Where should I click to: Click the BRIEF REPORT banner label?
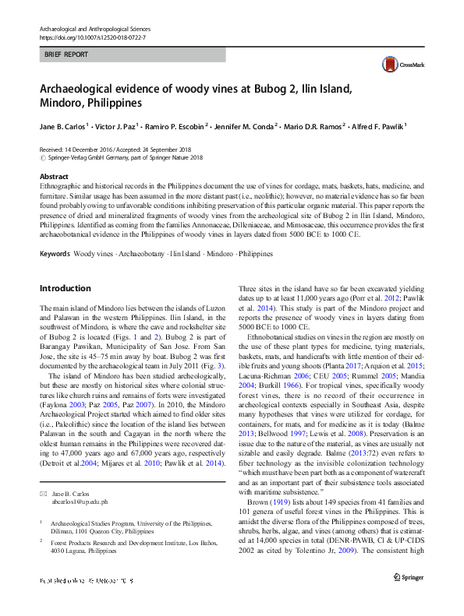pyautogui.click(x=67, y=55)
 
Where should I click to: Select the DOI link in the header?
pyautogui.click(x=92, y=37)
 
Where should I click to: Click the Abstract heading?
pyautogui.click(x=54, y=177)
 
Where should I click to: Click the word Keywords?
pyautogui.click(x=55, y=232)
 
